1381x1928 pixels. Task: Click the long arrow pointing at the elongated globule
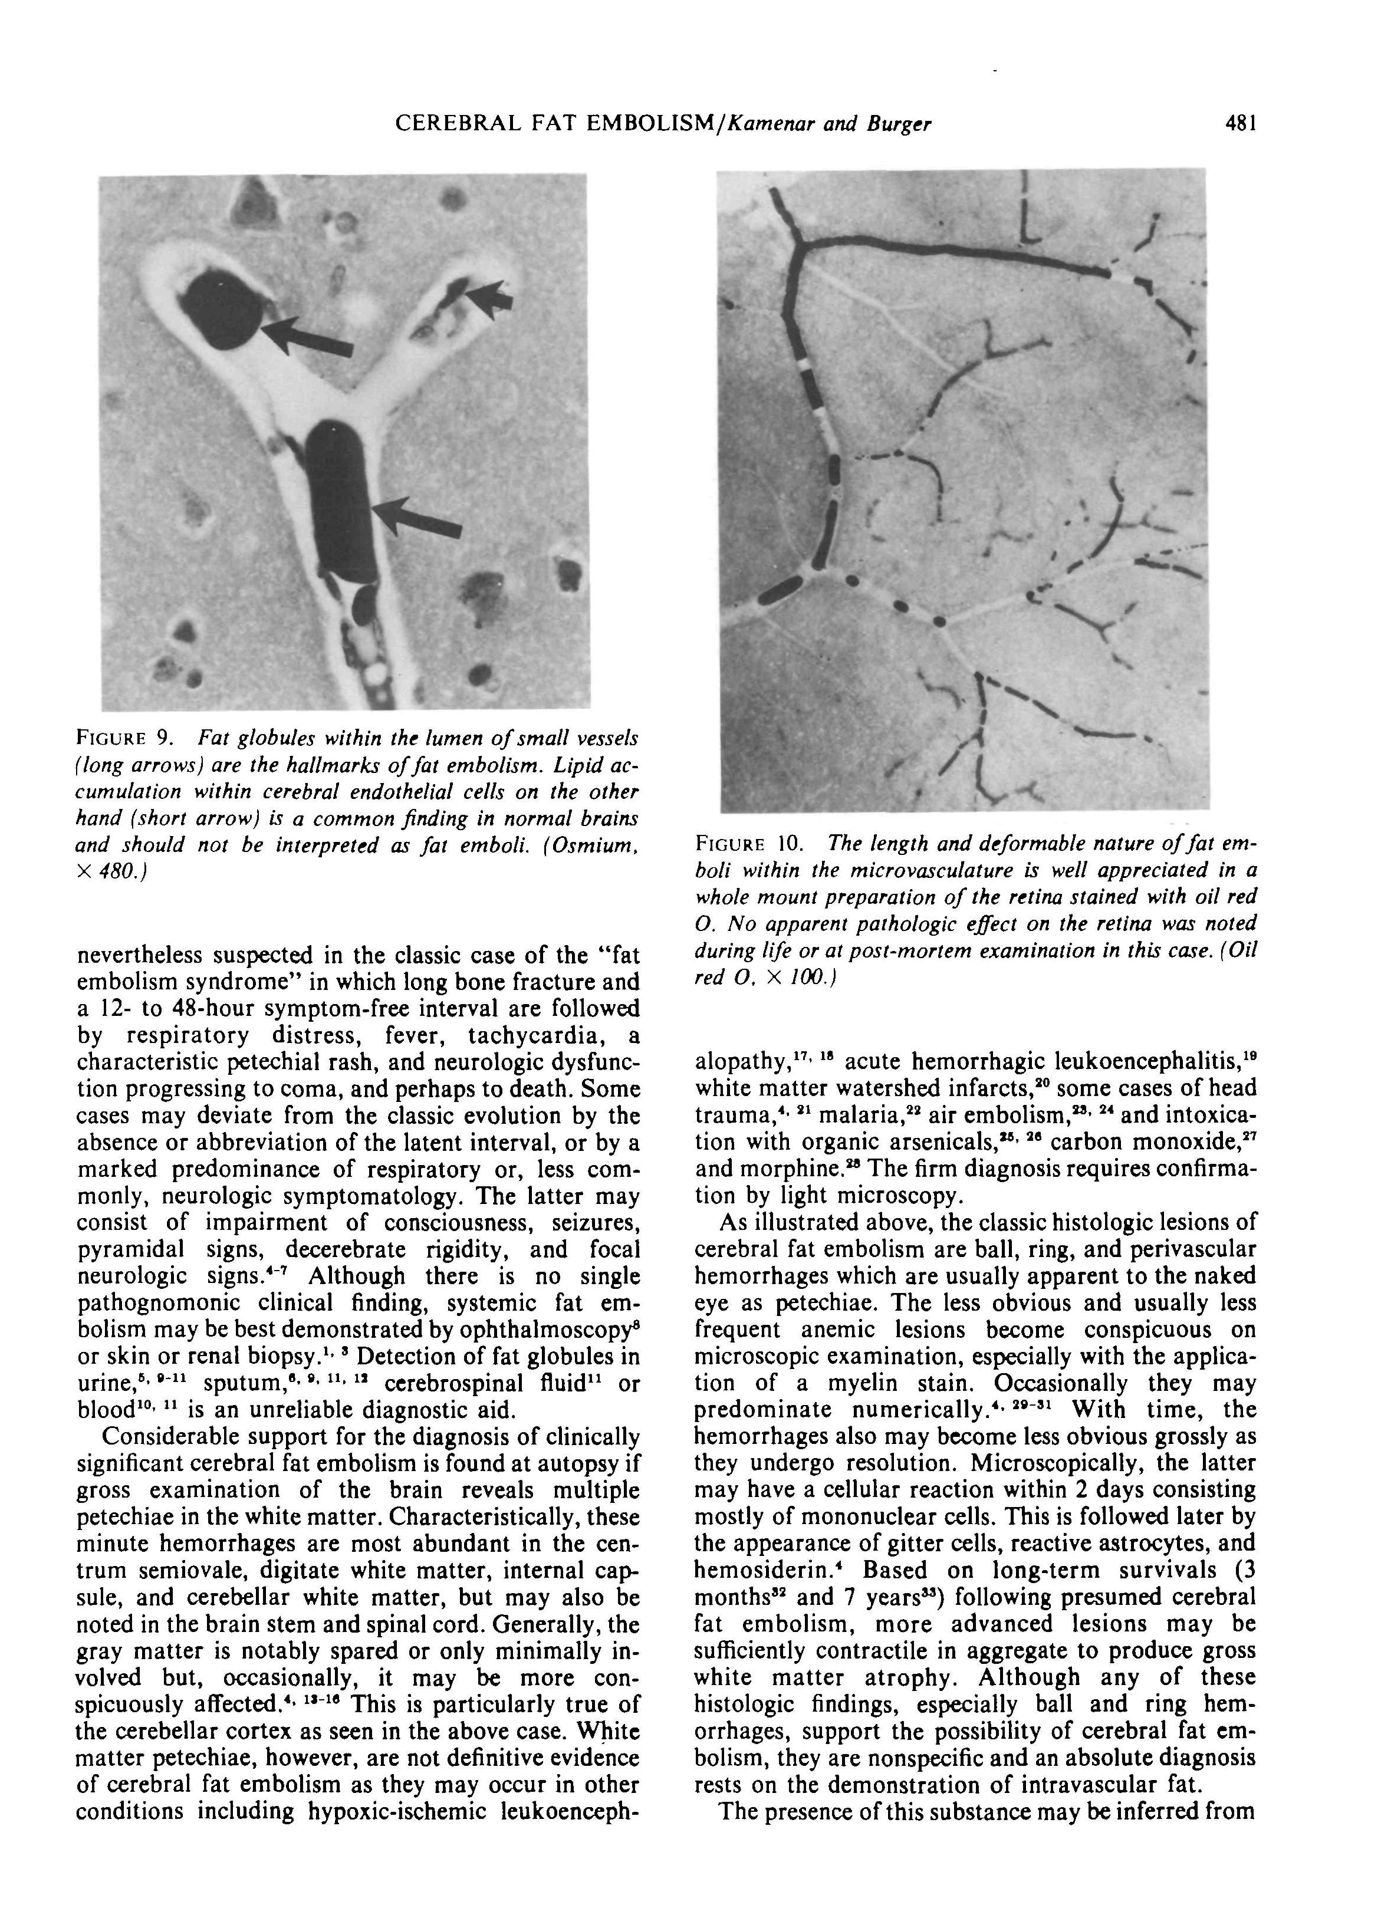click(419, 517)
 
